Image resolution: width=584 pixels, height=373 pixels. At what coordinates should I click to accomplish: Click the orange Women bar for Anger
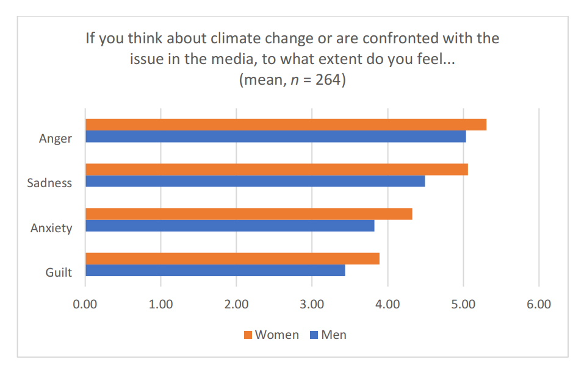coord(286,125)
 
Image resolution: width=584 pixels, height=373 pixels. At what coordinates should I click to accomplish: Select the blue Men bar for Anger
coord(275,137)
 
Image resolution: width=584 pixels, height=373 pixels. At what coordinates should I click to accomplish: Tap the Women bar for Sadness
coord(276,169)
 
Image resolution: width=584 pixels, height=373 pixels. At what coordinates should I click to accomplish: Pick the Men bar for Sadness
coord(255,182)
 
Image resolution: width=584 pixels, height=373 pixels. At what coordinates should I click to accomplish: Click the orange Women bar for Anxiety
coord(248,214)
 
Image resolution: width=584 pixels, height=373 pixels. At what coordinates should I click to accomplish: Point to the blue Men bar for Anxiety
coord(229,226)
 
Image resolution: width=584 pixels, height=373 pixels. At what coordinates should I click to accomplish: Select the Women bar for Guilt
coord(232,258)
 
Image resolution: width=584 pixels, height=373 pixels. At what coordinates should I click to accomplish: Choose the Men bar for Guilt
coord(215,271)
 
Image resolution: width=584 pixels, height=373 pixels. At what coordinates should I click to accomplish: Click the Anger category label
coord(56,138)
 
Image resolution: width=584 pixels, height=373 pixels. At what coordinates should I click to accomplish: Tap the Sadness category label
coord(49,183)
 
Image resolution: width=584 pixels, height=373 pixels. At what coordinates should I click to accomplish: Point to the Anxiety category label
coord(51,229)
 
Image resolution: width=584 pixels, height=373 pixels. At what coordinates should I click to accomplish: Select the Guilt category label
coord(59,272)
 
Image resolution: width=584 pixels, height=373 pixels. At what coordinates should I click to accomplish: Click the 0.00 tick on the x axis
coord(85,304)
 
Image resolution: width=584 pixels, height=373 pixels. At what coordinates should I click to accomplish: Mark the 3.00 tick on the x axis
coord(312,304)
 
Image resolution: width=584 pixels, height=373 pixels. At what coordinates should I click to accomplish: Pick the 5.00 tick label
coord(463,304)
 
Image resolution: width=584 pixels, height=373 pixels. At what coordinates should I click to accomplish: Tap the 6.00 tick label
coord(539,304)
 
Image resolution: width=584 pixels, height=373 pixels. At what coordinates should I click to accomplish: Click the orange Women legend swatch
coord(248,335)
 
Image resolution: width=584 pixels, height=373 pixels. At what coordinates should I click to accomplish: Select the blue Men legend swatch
coord(314,335)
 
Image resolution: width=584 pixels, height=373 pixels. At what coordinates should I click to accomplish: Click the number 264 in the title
coord(330,80)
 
